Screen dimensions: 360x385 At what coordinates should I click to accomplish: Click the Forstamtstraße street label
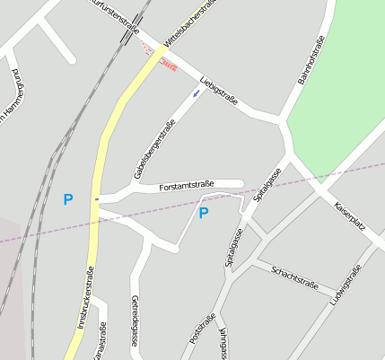point(186,186)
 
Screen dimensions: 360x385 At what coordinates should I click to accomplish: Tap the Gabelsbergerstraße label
point(153,149)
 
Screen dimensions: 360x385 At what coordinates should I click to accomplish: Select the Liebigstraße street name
point(219,91)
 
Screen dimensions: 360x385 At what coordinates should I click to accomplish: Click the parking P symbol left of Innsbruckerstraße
point(68,199)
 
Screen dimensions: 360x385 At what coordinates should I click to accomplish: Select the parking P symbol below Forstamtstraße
point(204,213)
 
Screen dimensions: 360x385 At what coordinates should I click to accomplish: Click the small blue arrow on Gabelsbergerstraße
point(197,92)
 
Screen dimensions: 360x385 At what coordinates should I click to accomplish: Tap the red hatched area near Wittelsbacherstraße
point(168,62)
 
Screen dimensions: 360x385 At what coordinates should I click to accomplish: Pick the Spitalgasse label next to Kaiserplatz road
point(267,183)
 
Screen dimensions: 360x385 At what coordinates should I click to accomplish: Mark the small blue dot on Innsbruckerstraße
point(96,198)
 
